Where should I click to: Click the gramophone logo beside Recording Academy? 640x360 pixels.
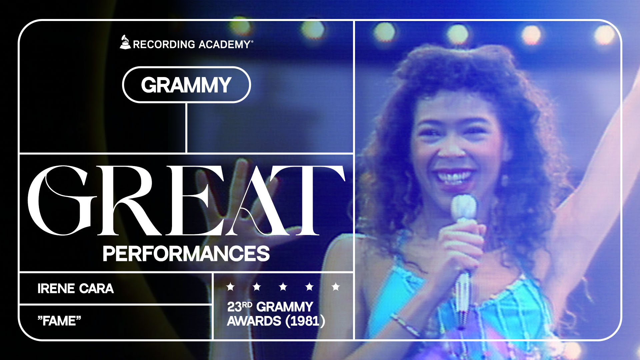125,42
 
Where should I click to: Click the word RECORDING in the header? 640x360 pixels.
164,44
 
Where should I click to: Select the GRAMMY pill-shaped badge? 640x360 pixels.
186,85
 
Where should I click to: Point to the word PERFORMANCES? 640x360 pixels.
186,254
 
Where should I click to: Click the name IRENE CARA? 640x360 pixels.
75,289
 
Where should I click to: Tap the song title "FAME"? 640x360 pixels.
59,321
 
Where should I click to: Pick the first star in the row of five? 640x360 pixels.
230,287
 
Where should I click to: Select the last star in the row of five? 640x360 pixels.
336,287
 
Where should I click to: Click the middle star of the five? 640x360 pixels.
283,287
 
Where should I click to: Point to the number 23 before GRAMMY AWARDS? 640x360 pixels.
234,307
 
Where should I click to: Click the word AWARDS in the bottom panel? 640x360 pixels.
254,321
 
